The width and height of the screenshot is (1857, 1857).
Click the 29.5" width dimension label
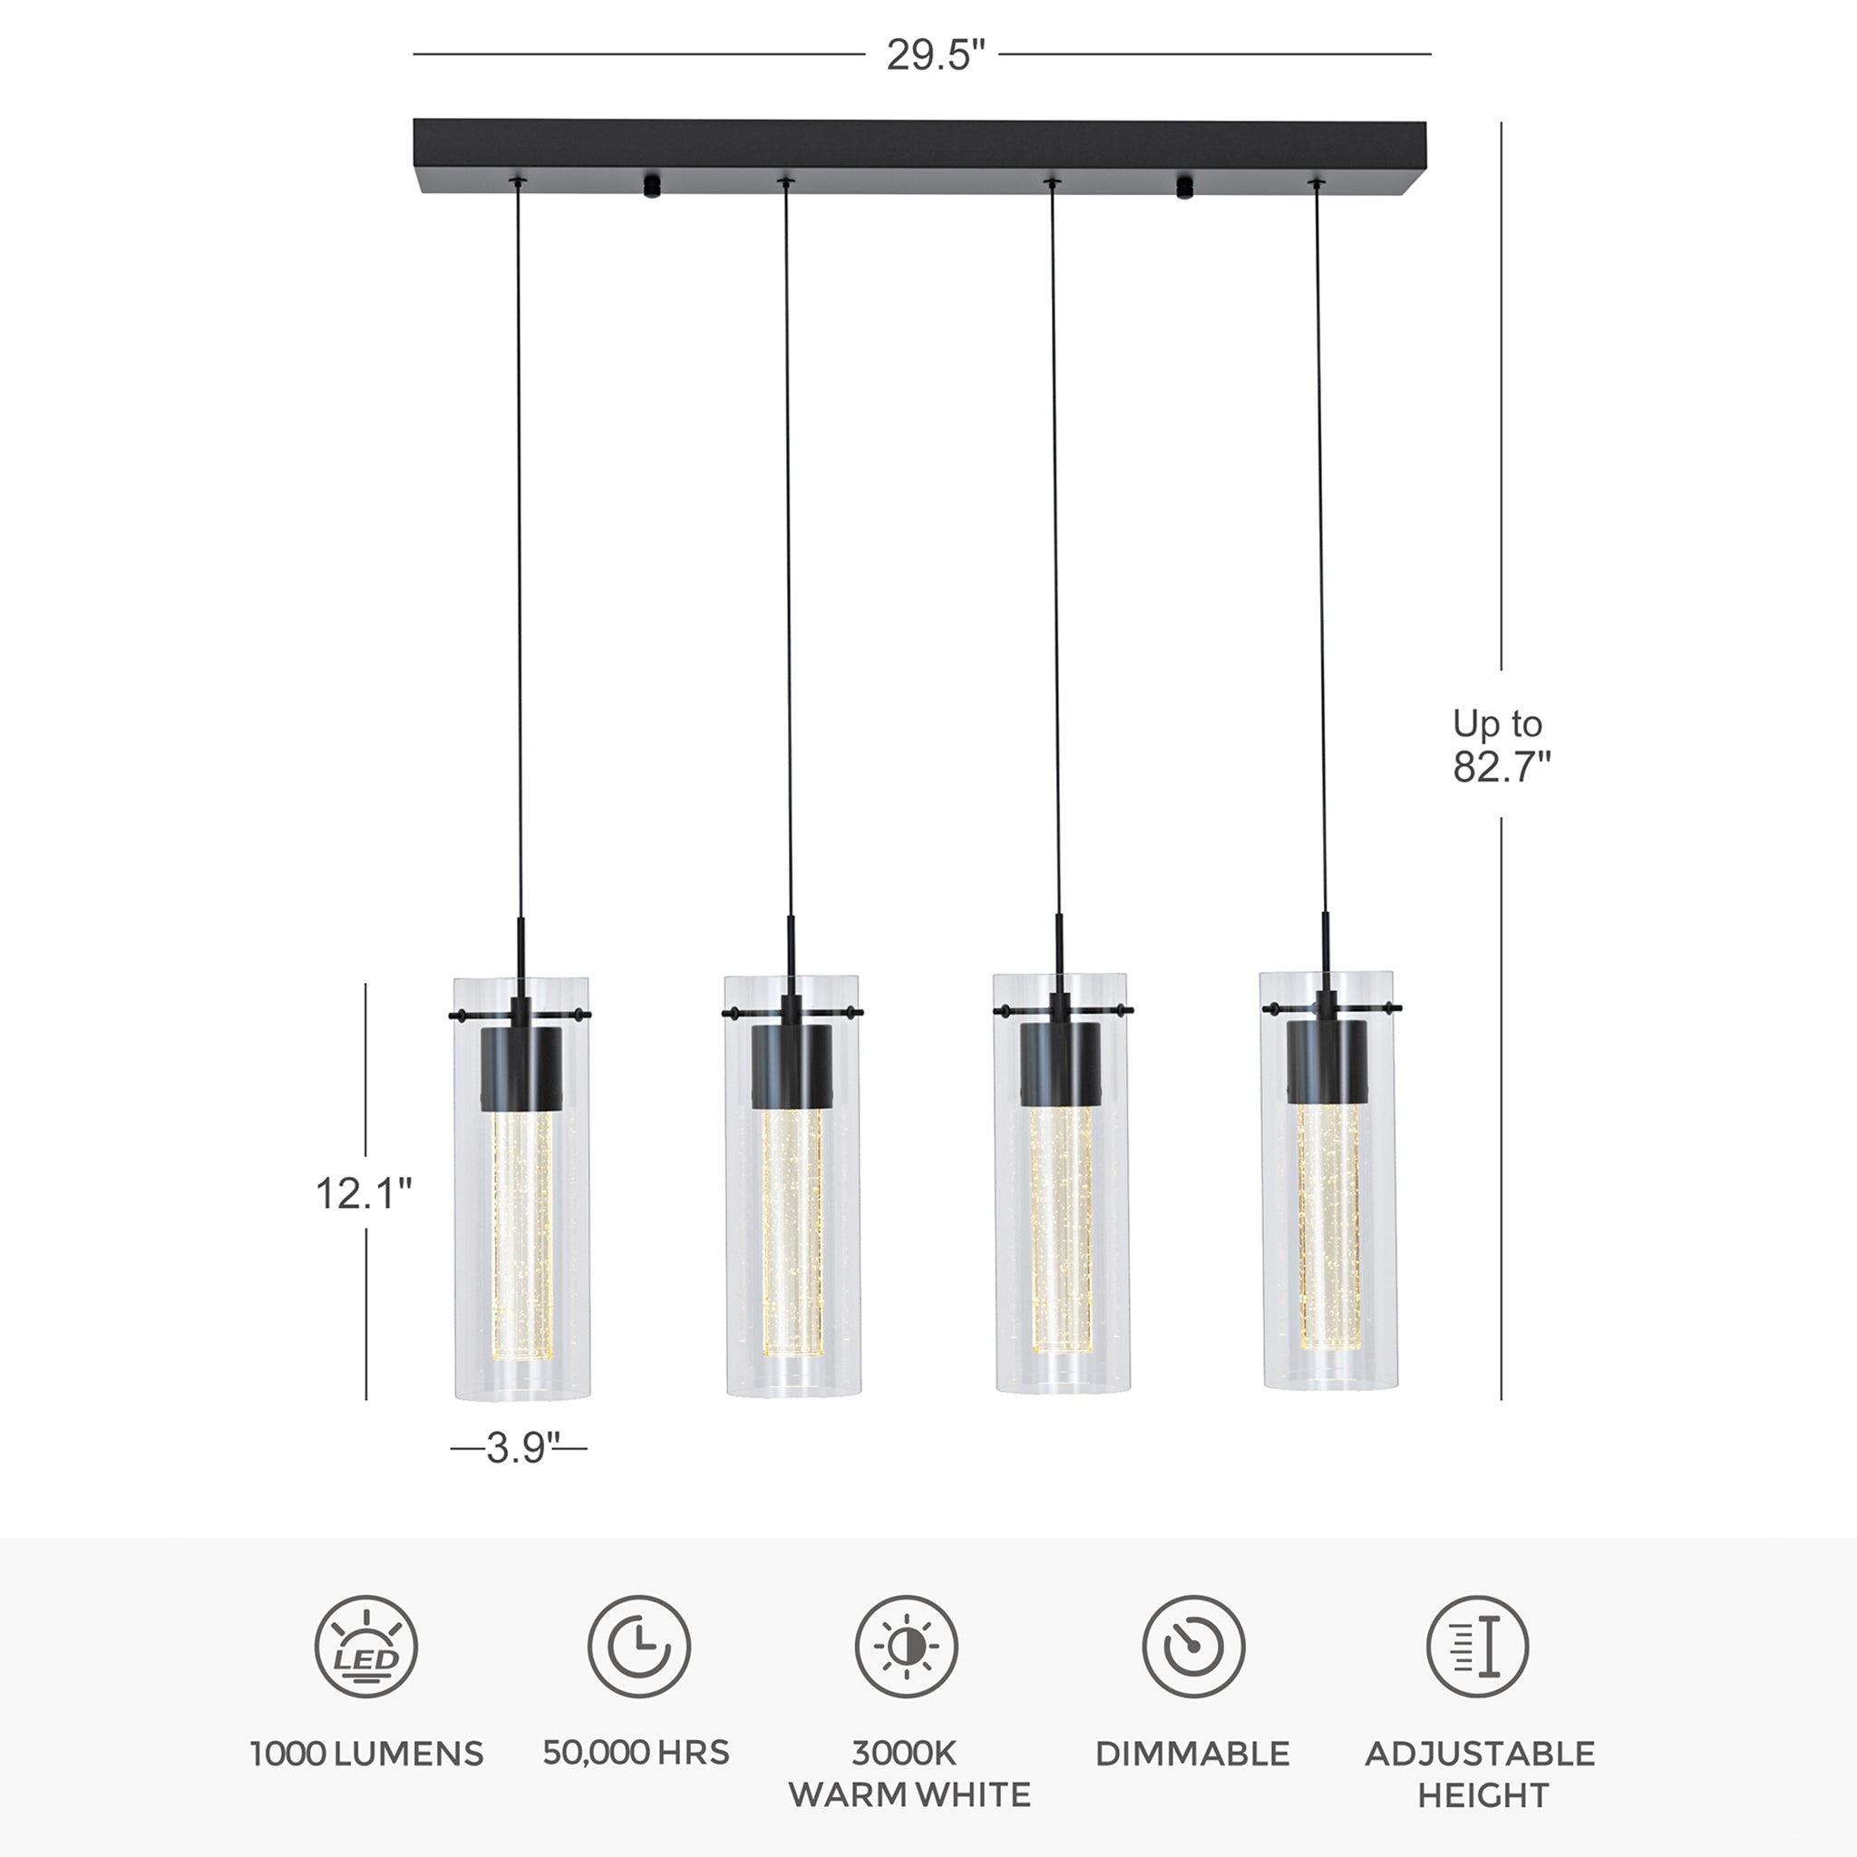935,54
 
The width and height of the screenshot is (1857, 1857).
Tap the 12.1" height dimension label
364,1193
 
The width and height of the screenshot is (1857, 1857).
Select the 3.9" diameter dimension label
523,1447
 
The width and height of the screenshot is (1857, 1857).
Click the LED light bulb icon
366,1647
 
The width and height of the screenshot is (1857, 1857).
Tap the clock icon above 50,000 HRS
639,1647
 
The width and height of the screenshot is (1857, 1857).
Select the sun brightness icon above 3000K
907,1647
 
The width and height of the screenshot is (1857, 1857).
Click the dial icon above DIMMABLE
1194,1647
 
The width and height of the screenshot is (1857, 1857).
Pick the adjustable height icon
1477,1647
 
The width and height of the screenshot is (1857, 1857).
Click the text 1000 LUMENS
366,1755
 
